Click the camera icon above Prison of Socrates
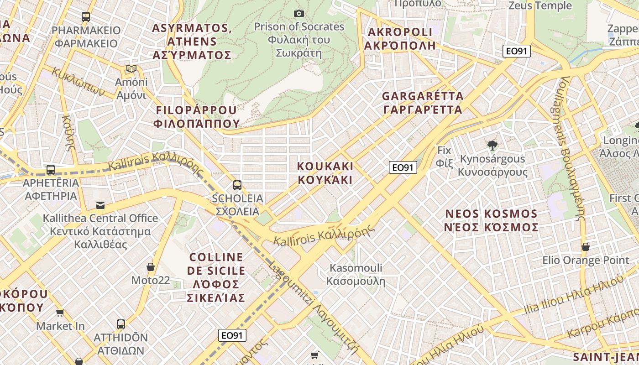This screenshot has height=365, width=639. (299, 13)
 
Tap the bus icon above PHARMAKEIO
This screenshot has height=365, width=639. (86, 17)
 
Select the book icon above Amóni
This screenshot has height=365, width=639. (131, 69)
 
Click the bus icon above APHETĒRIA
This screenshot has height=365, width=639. (51, 170)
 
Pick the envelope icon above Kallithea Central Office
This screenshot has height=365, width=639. (100, 205)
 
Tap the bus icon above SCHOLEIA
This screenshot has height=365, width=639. (237, 185)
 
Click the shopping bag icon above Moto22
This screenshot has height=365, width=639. (151, 266)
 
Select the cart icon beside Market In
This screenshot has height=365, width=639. (60, 313)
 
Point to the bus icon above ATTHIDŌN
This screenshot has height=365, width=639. (121, 324)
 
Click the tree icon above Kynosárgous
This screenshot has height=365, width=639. (492, 146)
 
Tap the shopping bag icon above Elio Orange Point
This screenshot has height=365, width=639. (586, 247)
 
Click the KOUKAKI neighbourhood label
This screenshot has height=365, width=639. (325, 172)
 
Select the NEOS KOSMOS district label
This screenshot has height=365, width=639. (492, 220)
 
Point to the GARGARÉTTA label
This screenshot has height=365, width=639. (423, 103)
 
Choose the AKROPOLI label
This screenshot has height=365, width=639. (400, 39)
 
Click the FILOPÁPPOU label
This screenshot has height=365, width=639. (197, 116)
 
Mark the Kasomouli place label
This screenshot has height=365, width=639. (356, 274)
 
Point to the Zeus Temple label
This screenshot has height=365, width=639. (540, 5)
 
